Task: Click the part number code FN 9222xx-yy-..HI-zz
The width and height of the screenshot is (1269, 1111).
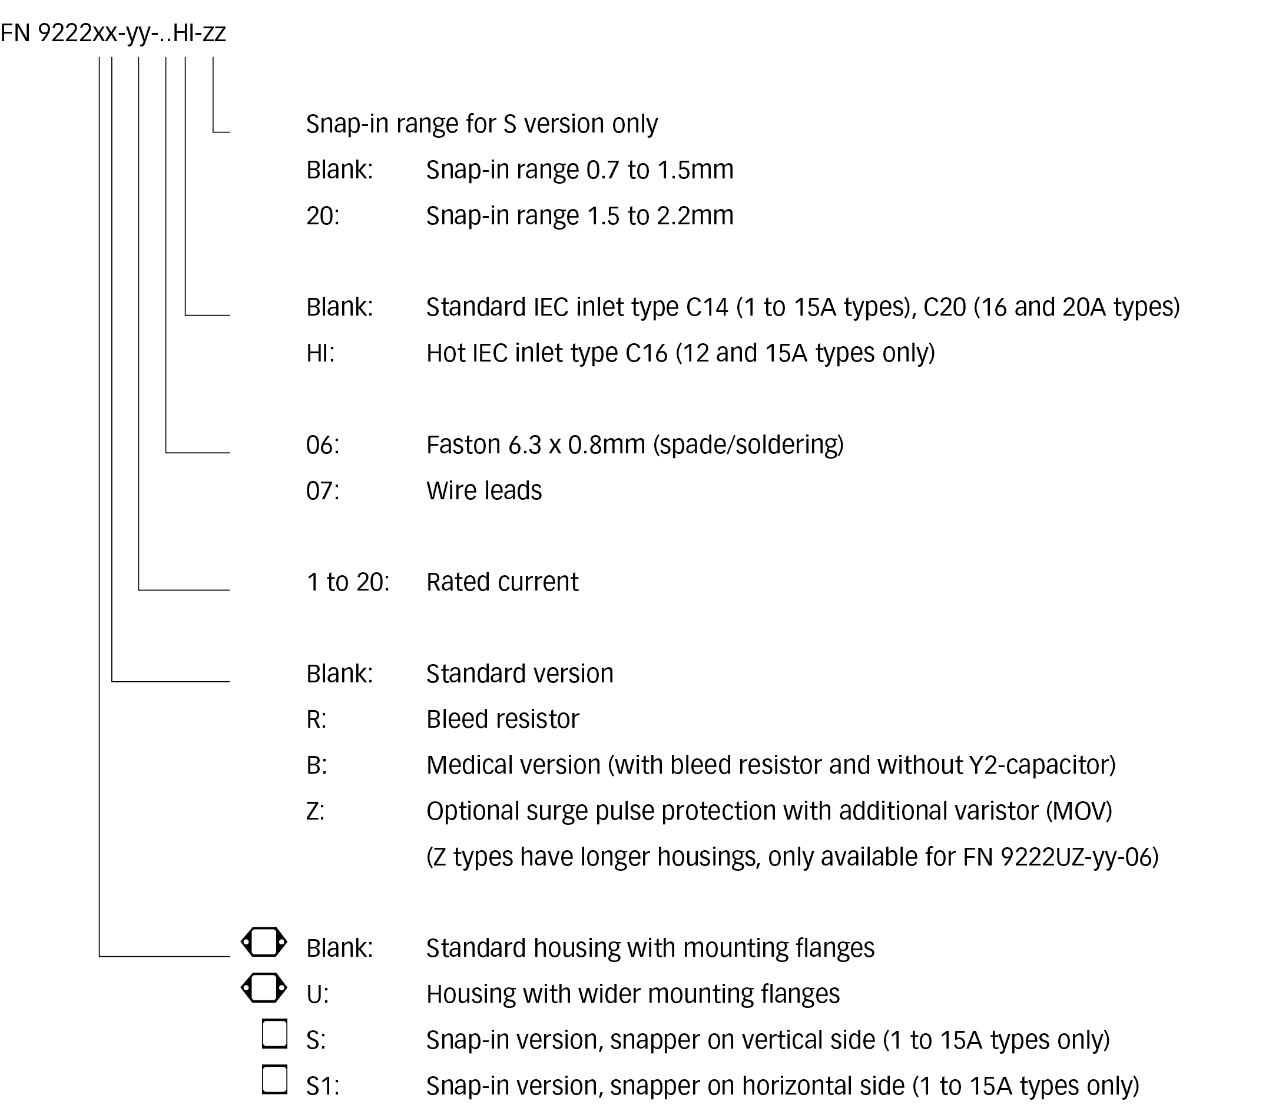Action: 114,33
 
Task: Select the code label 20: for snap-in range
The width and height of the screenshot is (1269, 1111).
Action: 322,215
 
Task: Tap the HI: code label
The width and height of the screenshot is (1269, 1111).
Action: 320,353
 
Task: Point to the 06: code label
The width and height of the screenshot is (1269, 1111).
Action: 322,445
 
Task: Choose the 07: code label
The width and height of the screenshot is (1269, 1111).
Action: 322,491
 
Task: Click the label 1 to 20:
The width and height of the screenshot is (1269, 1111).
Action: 348,582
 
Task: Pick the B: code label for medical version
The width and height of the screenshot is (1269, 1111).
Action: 316,765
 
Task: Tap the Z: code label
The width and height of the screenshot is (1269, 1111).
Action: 316,811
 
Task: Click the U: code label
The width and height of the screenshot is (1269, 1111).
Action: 317,994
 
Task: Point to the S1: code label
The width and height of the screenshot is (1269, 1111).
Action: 322,1086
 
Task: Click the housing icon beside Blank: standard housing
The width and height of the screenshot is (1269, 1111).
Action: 264,943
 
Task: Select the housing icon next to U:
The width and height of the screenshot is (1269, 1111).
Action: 264,989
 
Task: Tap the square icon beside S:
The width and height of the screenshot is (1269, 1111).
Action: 274,1034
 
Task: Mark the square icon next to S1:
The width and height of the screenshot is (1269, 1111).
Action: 274,1079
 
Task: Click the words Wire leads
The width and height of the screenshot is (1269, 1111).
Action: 483,491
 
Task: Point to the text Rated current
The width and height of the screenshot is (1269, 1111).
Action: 502,582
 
